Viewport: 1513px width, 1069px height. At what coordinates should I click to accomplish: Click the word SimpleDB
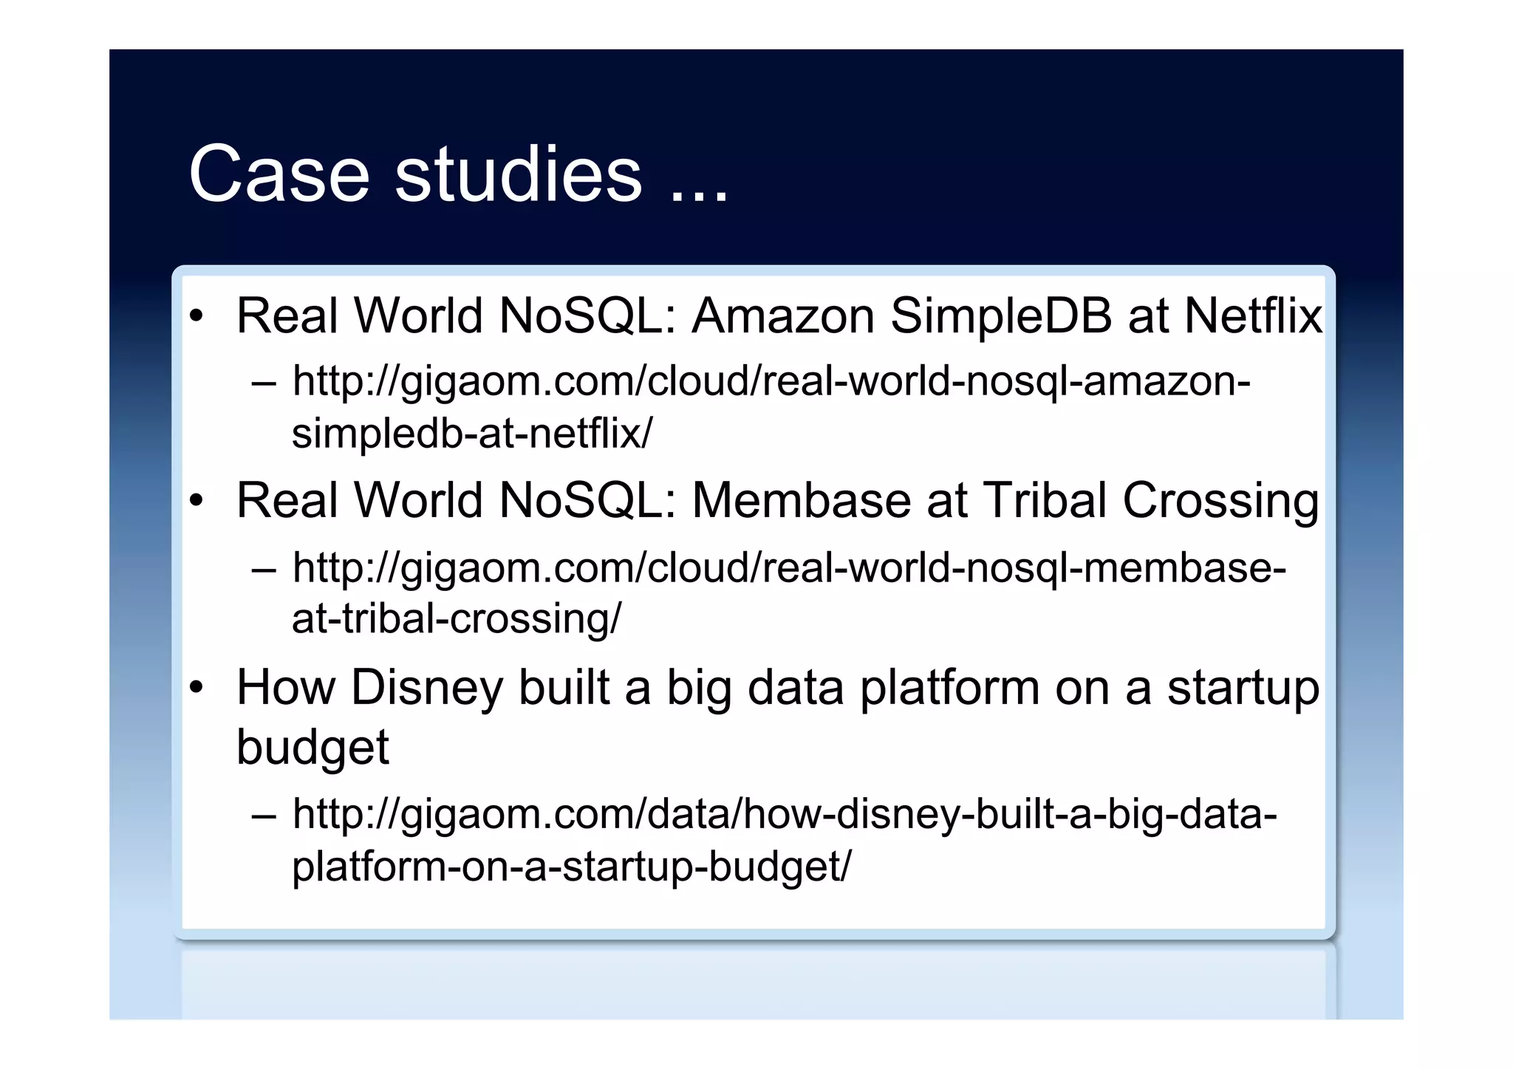click(1001, 316)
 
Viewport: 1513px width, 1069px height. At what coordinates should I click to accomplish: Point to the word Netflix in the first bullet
click(1253, 316)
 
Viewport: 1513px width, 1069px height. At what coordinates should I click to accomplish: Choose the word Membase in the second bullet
click(802, 501)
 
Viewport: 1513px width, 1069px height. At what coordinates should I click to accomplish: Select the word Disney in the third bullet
click(427, 689)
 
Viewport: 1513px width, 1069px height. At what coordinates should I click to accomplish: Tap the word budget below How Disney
click(312, 748)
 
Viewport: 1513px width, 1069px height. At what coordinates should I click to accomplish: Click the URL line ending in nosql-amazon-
click(771, 382)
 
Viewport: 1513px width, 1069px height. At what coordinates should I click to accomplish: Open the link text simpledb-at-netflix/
click(472, 433)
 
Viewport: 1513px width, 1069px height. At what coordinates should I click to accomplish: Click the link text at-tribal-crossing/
click(457, 618)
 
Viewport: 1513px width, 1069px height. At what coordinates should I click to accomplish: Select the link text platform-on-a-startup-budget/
click(571, 866)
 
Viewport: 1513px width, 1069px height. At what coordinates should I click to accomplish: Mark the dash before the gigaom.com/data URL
click(263, 816)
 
